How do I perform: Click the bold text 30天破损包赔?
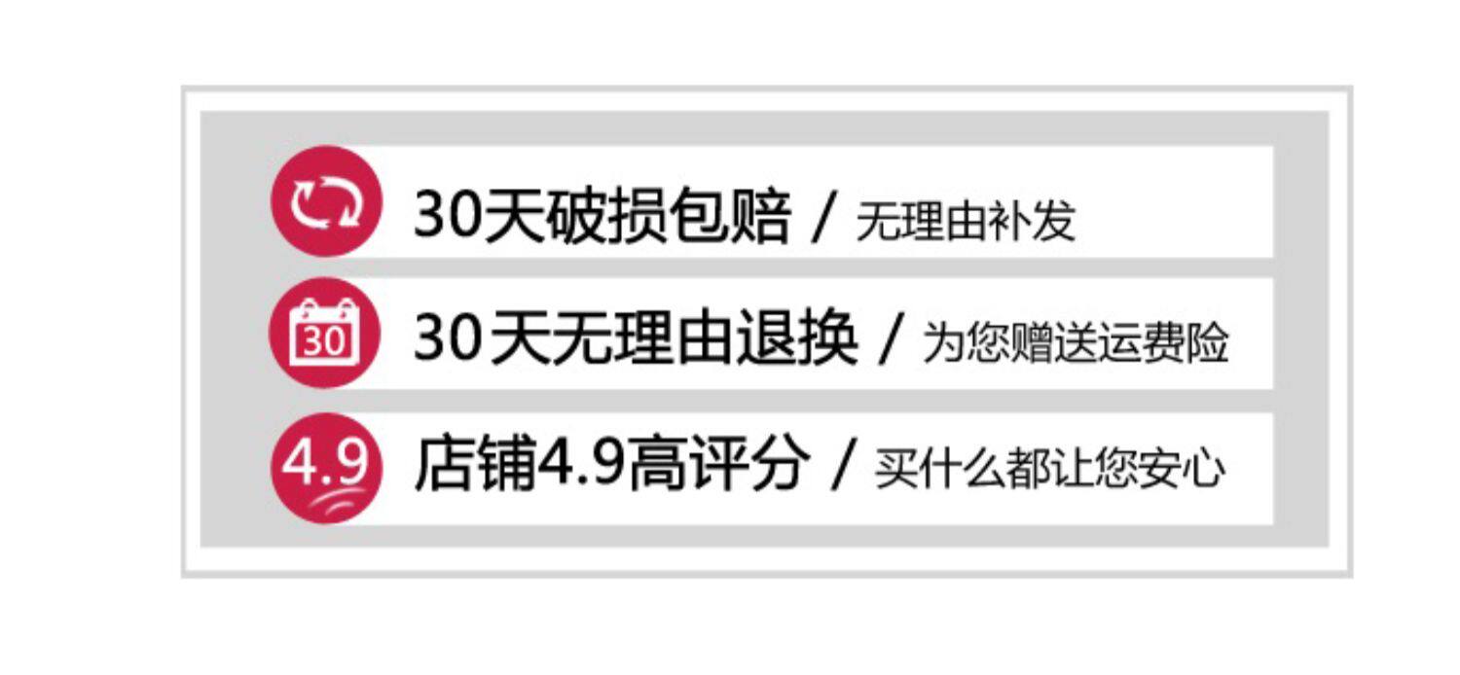602,216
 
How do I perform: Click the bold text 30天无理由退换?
636,340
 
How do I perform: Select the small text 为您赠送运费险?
1076,344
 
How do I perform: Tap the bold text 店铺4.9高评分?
612,465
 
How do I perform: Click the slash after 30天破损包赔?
825,218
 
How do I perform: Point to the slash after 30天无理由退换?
890,342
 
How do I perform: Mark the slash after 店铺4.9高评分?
843,467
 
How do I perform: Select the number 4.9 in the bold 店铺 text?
582,466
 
